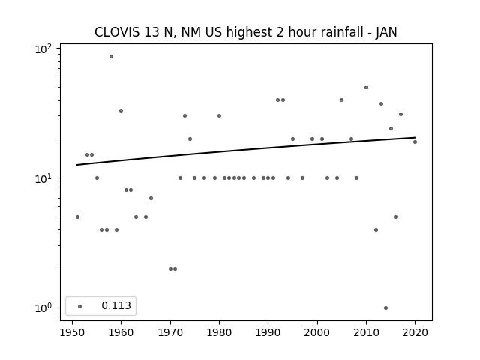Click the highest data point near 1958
(x=112, y=57)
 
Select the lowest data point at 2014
(x=385, y=308)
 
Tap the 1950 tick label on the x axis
(x=72, y=332)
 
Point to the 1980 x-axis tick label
(x=219, y=332)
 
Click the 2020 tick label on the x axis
(x=415, y=332)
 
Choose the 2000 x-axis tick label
(x=317, y=332)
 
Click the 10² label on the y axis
(x=43, y=49)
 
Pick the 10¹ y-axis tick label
(x=43, y=178)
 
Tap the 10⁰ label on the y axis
(x=43, y=308)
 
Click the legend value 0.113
(x=116, y=305)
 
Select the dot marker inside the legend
(x=80, y=307)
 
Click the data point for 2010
(x=366, y=88)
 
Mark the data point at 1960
(x=121, y=110)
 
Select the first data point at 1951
(x=77, y=217)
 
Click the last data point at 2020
(x=415, y=142)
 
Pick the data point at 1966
(x=151, y=198)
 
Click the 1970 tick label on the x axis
(x=170, y=332)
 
